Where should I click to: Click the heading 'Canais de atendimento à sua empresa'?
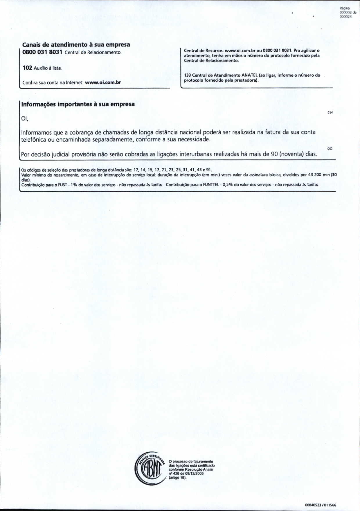coord(76,45)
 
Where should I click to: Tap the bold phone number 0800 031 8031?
coord(42,52)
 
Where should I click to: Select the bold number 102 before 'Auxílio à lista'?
coord(27,68)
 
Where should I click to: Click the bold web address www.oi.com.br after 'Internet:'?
coord(103,82)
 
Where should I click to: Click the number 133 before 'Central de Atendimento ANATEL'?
coord(187,75)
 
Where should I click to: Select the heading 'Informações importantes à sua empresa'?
coord(78,104)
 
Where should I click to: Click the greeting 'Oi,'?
coord(25,119)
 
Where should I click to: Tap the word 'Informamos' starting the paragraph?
coord(37,132)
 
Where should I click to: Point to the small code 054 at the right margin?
coord(330,113)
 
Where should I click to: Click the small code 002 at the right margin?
coord(330,149)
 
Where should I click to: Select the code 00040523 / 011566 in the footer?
coord(321,505)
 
